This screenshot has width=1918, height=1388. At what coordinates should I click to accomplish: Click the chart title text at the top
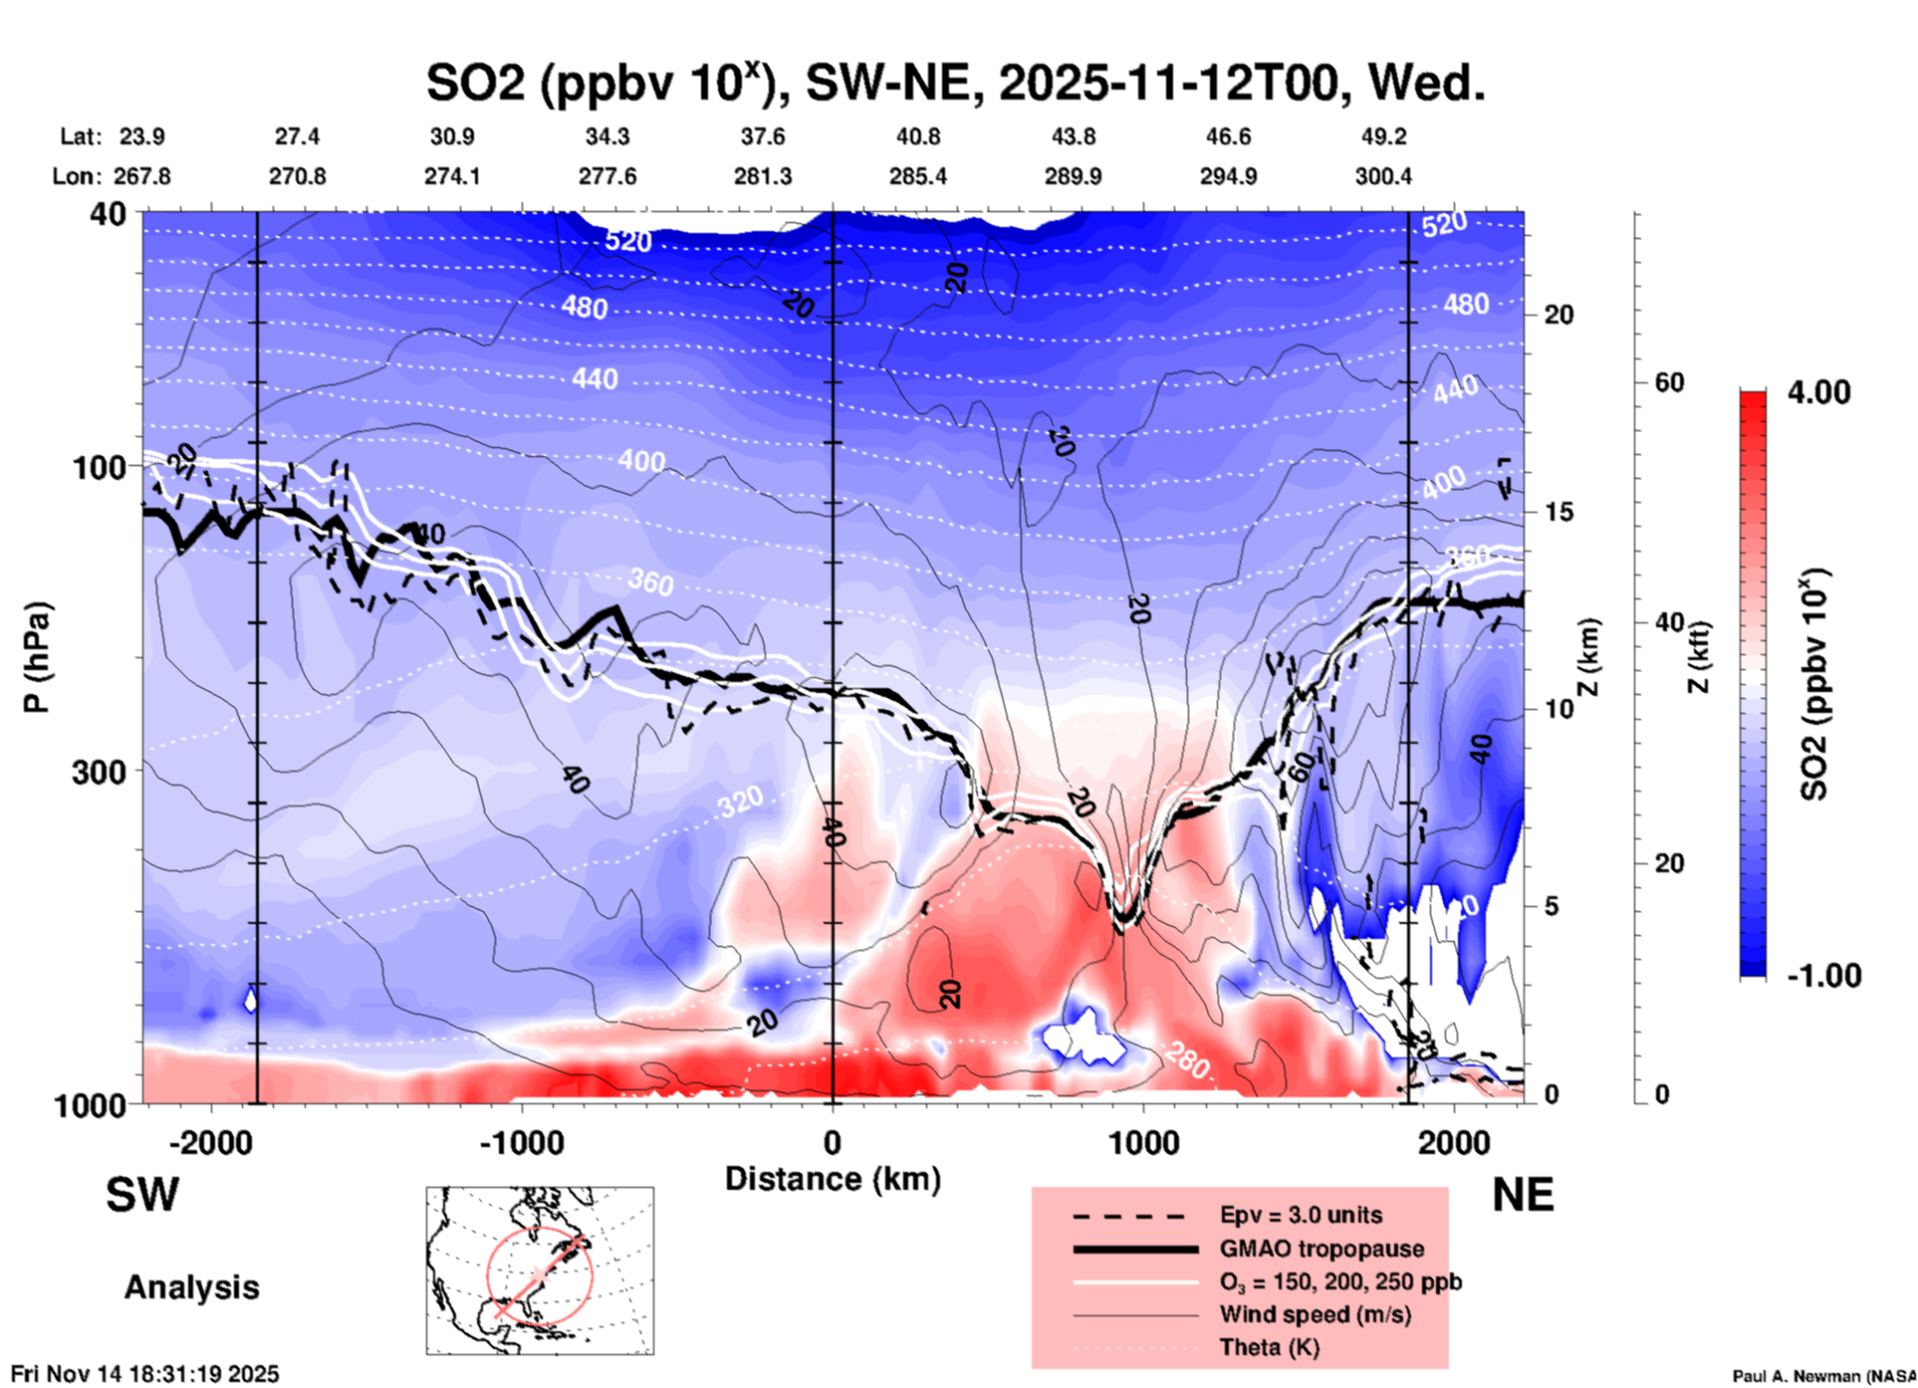click(x=955, y=82)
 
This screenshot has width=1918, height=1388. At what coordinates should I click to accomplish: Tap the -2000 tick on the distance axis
click(x=211, y=1142)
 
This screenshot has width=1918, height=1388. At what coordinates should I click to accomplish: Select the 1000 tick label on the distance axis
click(x=1143, y=1142)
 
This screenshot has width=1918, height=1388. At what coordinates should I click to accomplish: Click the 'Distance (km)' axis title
click(x=833, y=1179)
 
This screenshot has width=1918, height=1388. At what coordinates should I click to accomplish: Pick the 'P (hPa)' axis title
click(x=37, y=657)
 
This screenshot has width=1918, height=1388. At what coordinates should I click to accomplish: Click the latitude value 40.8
click(x=917, y=136)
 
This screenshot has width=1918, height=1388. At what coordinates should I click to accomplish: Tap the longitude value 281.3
click(x=763, y=176)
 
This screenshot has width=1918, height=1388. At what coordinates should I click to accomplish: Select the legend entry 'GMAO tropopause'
click(x=1320, y=1249)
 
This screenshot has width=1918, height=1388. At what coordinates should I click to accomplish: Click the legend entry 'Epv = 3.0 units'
click(x=1300, y=1215)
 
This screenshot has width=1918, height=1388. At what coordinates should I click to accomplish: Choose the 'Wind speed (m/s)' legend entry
click(x=1315, y=1314)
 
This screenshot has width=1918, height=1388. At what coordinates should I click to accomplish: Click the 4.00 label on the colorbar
click(x=1818, y=392)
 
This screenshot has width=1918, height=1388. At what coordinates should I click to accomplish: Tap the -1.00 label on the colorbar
click(x=1823, y=975)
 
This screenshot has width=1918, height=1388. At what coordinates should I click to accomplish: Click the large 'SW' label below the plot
click(x=142, y=1195)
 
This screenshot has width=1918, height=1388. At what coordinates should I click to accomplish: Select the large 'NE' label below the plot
click(x=1523, y=1195)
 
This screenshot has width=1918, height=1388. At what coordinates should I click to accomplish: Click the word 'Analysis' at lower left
click(x=191, y=1287)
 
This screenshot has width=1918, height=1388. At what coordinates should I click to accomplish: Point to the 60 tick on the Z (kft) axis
click(x=1669, y=382)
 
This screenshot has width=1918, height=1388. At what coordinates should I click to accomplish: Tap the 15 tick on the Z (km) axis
click(x=1558, y=512)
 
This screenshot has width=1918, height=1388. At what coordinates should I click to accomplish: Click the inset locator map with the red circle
click(x=540, y=1271)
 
